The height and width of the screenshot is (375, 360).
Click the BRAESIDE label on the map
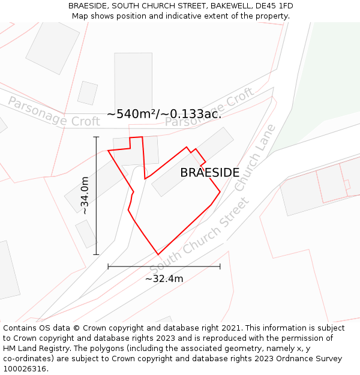(209, 173)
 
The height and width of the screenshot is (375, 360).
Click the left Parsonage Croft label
(53, 112)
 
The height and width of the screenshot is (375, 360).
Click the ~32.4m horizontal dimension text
(164, 278)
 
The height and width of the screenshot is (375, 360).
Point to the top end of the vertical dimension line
(96, 137)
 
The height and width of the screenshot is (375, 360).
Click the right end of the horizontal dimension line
(220, 266)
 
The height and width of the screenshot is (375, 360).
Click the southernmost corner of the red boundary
(158, 254)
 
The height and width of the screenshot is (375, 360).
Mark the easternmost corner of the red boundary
(220, 192)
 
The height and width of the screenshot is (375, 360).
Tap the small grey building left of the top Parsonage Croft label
(88, 92)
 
